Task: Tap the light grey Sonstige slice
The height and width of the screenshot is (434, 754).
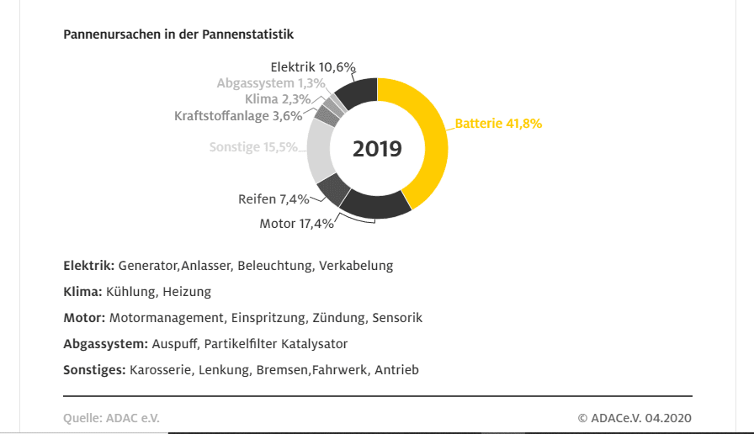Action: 321,151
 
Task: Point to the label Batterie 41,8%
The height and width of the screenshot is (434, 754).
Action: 498,124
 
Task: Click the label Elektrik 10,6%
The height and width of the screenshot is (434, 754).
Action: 313,66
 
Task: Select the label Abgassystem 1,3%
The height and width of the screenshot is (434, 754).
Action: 270,83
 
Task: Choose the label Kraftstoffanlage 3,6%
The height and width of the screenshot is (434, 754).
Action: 238,116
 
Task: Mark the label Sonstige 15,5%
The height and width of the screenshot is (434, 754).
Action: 253,147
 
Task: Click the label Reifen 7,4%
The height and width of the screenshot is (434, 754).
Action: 273,199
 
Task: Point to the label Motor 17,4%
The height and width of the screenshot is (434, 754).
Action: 296,224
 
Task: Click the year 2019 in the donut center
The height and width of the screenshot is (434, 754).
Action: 377,149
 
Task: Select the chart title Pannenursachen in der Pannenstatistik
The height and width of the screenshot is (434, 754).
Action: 178,34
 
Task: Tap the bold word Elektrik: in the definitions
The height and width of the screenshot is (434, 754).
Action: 88,266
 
